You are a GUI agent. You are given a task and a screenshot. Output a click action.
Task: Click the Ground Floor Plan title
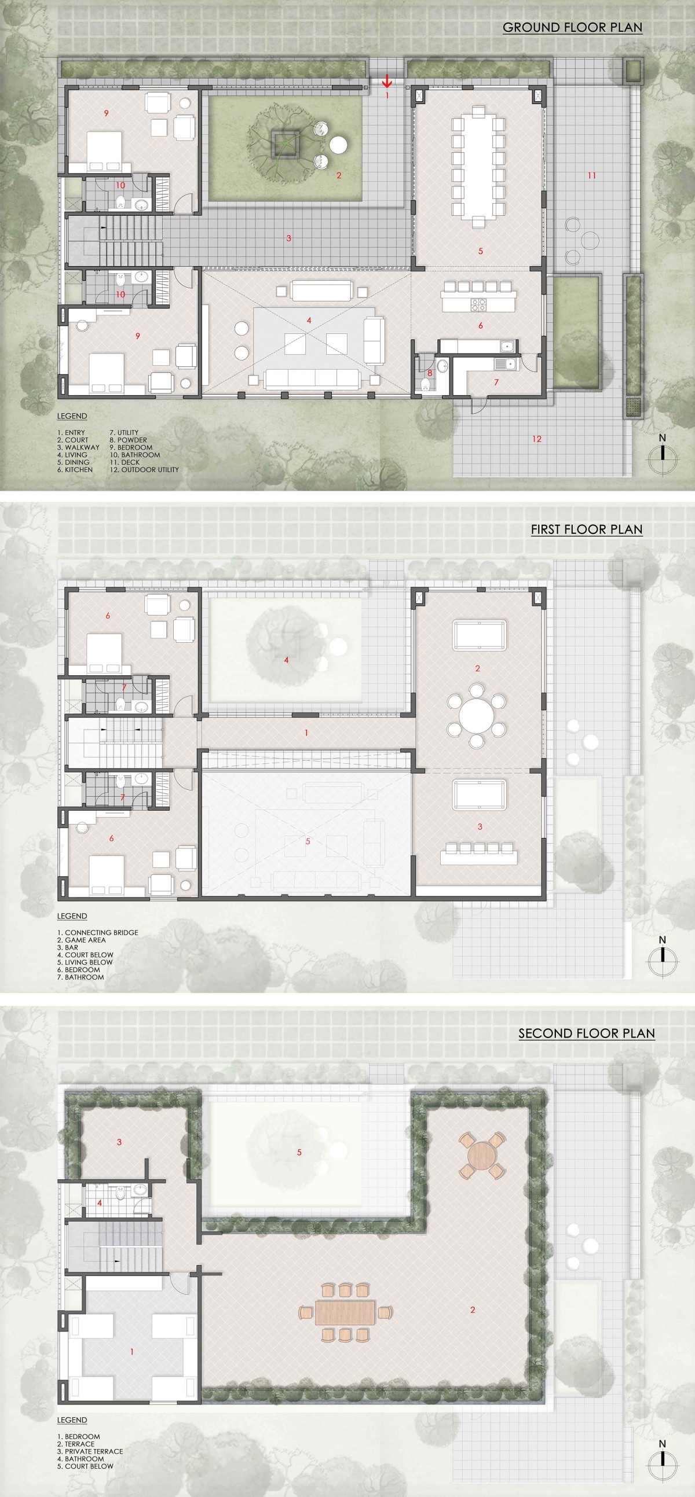(x=572, y=27)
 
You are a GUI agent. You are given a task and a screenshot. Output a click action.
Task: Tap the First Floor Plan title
(x=586, y=529)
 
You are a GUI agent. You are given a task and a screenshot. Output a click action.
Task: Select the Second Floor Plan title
(x=586, y=1033)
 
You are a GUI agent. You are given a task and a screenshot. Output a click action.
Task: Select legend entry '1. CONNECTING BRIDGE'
(x=98, y=933)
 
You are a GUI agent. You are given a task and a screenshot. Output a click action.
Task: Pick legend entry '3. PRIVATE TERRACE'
(x=90, y=1451)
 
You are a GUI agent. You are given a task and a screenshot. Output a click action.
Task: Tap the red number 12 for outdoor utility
(x=537, y=439)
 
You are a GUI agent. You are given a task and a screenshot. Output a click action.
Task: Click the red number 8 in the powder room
(x=430, y=373)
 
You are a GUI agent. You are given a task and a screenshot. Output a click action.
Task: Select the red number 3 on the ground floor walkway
(x=288, y=238)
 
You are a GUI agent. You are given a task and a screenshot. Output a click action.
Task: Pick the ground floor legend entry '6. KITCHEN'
(x=75, y=469)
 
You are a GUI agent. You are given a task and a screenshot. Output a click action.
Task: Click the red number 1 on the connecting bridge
(x=306, y=733)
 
